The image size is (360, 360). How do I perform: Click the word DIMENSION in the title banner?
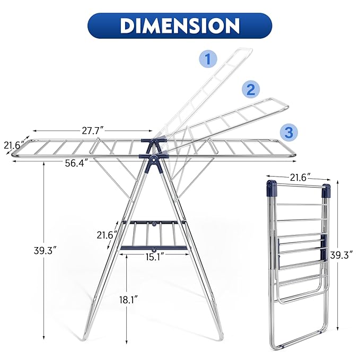(180, 25)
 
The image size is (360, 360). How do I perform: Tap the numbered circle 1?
(207, 59)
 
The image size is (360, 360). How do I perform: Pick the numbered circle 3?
(288, 132)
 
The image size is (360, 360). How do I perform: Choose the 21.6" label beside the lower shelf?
(107, 234)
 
